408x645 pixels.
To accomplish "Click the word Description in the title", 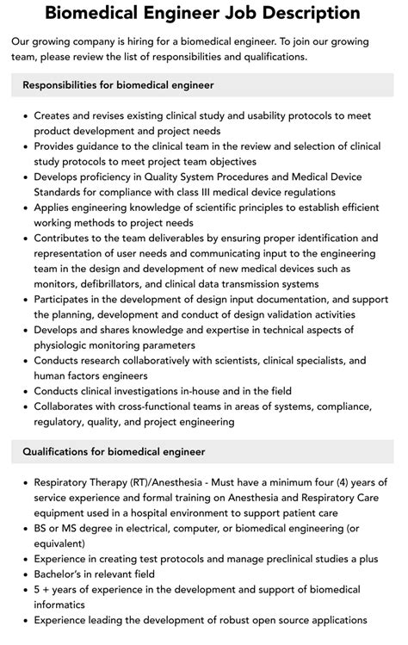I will [x=305, y=13].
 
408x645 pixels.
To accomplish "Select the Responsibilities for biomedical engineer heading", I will [x=119, y=85].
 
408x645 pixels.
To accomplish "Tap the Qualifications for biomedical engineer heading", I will [x=114, y=451].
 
